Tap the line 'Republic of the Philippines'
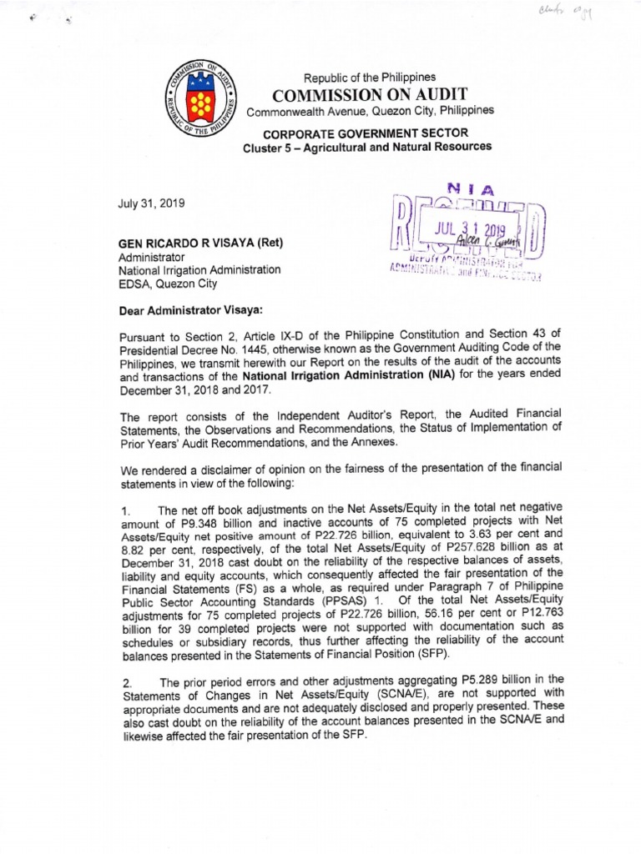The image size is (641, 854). pyautogui.click(x=360, y=77)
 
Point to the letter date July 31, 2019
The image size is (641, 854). pyautogui.click(x=151, y=203)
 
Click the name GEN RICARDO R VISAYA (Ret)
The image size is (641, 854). pyautogui.click(x=202, y=244)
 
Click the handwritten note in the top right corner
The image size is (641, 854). pyautogui.click(x=577, y=13)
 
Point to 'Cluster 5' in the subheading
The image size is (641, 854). pyautogui.click(x=270, y=147)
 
